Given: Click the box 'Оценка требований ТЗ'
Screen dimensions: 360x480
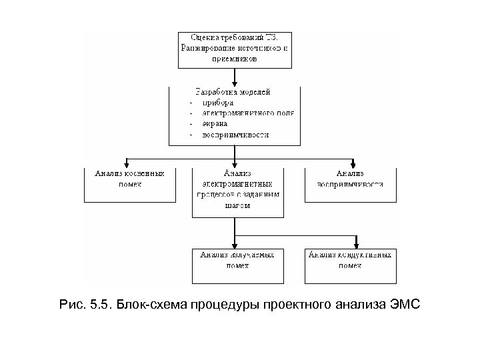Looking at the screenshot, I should point(235,48).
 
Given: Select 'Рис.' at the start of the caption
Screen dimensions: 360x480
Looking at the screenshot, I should point(71,305).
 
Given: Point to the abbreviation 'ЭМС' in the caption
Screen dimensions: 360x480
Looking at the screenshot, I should point(403,305).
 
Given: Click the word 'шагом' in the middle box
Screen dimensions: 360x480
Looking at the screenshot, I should point(238,206).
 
